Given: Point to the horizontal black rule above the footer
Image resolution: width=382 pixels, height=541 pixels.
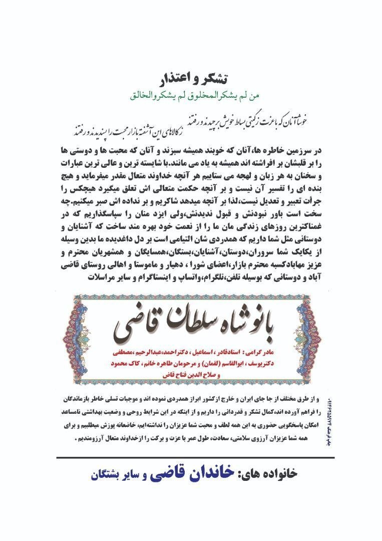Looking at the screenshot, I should pos(195,457).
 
